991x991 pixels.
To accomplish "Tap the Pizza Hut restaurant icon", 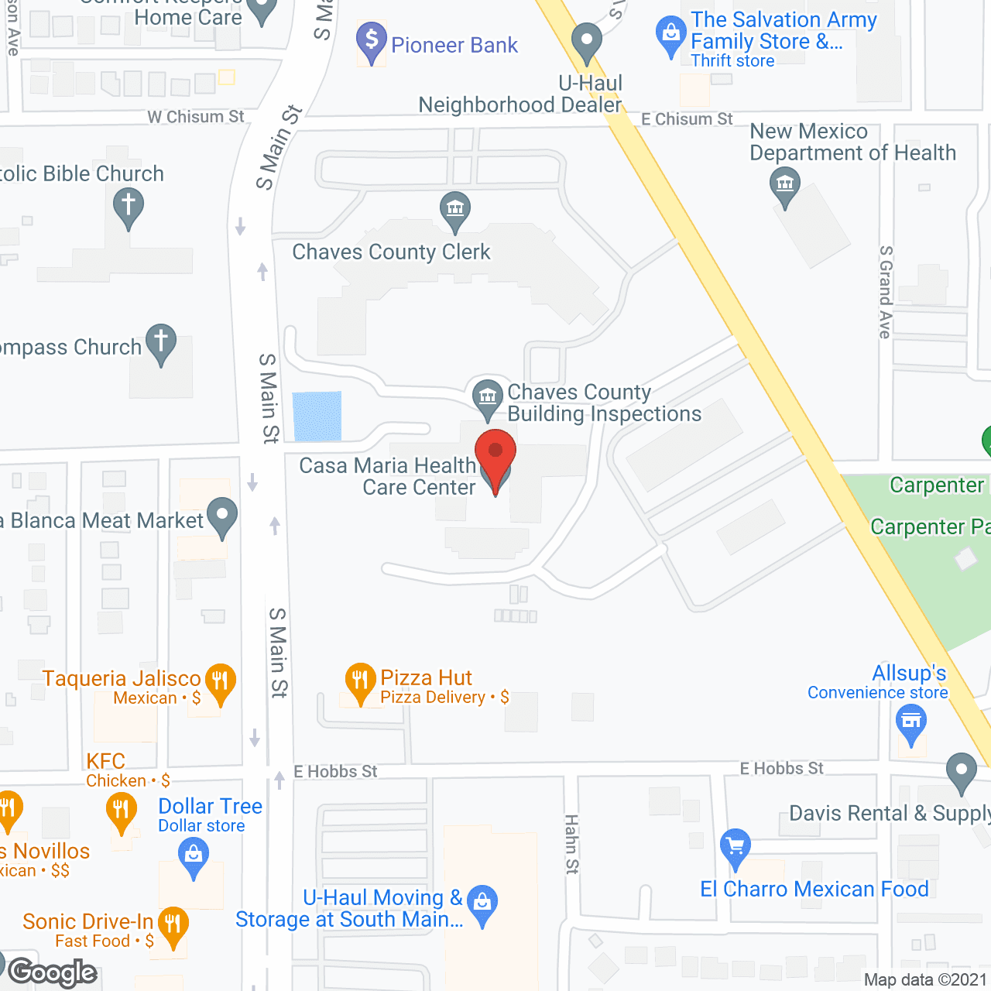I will pos(360,681).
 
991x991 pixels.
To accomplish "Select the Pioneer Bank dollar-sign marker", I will pos(372,41).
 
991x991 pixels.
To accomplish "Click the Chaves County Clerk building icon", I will pos(455,210).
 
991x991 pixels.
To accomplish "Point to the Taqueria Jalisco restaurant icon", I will pos(221,682).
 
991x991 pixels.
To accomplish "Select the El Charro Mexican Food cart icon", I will pos(735,846).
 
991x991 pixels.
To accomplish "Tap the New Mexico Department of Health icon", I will pos(785,187).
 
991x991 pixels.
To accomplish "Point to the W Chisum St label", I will pos(196,117).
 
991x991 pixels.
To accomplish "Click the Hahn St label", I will pos(571,844).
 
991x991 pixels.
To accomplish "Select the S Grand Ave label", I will pos(885,292).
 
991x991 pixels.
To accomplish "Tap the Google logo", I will pos(53,972).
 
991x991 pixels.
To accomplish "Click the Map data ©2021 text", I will pos(925,979).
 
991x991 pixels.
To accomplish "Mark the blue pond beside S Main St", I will pos(317,416).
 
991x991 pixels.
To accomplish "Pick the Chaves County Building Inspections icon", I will pos(488,398).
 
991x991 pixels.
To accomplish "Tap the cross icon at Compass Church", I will pos(161,342).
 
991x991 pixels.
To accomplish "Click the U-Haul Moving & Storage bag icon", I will pos(482,904).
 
